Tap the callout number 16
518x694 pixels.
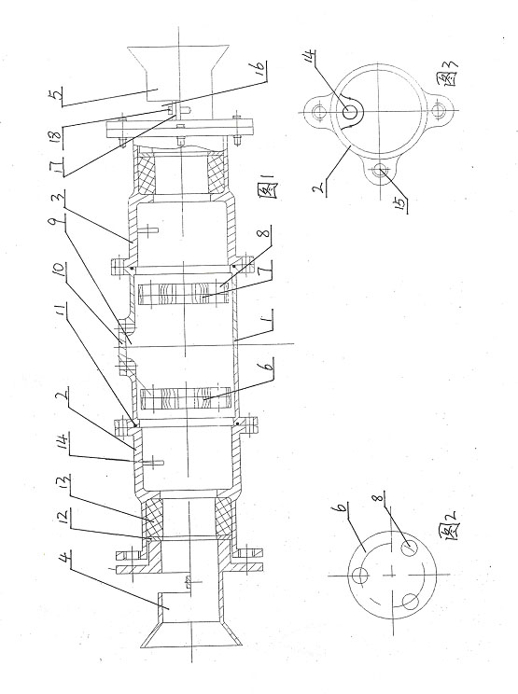pos(260,68)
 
